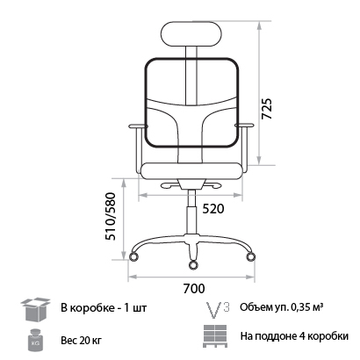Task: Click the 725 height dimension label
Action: coord(267,109)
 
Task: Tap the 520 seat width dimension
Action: coord(213,209)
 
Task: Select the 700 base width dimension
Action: coord(194,289)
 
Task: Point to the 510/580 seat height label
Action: coord(111,216)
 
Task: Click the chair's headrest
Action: coord(191,33)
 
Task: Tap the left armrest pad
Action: coord(137,126)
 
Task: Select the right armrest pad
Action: coord(244,126)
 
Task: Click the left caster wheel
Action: coord(134,256)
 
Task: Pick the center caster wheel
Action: coord(192,265)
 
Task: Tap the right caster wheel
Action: coord(250,256)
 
